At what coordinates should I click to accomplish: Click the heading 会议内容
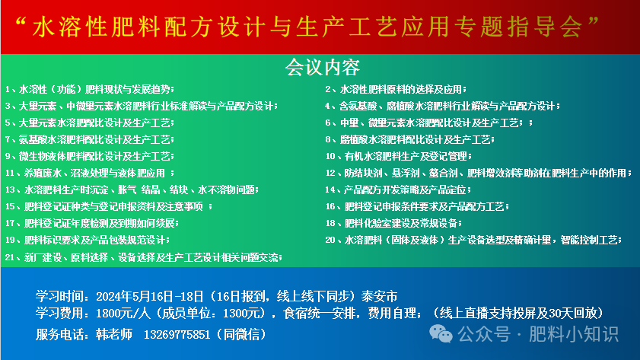click(322, 68)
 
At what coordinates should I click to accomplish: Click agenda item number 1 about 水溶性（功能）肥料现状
click(92, 89)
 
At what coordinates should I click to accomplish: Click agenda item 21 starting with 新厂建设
click(144, 257)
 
